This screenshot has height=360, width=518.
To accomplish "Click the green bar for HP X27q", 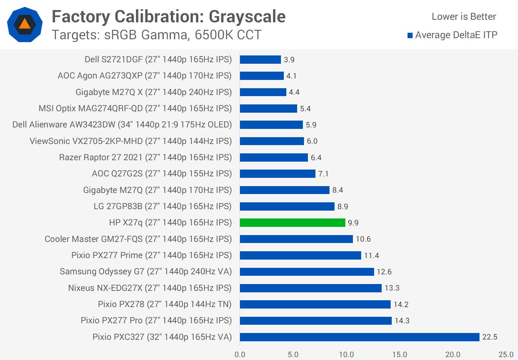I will tap(292, 223).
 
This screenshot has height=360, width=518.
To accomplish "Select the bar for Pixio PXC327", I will tap(359, 337).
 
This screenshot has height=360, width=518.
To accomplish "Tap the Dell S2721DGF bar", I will tap(260, 60).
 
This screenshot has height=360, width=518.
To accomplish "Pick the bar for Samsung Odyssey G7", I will tap(307, 272).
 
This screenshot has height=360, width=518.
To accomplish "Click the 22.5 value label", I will tap(490, 337).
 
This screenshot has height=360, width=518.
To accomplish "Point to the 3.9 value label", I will tap(289, 60).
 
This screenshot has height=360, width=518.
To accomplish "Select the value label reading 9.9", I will tap(353, 223).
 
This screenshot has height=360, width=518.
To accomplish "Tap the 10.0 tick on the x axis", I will tap(346, 355).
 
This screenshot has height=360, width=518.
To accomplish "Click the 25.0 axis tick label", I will tap(506, 355).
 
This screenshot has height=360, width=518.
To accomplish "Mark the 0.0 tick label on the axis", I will tap(240, 355).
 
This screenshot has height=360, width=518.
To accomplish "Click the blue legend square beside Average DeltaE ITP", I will tap(410, 35).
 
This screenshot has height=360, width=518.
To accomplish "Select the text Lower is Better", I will tap(464, 17).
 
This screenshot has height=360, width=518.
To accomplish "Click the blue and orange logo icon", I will tap(25, 24).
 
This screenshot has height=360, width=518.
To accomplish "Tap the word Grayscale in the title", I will tap(247, 17).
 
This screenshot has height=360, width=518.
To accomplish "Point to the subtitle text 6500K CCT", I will tap(228, 35).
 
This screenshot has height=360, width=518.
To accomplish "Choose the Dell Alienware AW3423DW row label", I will tap(122, 125).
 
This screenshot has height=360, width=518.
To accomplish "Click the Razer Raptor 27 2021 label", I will tap(145, 157).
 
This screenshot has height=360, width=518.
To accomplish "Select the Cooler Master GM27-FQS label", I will tap(138, 239).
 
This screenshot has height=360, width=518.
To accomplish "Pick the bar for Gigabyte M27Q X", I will tap(263, 92).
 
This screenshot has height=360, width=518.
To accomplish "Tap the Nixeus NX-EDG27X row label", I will tap(150, 288).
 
